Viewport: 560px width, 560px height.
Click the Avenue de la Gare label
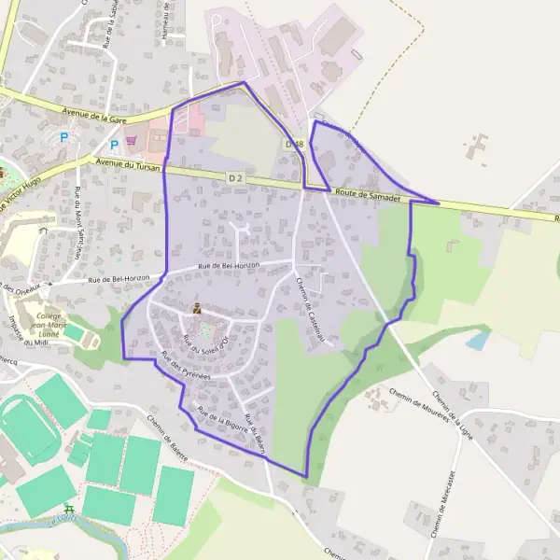(x=94, y=115)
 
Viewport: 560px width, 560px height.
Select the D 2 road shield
(x=234, y=177)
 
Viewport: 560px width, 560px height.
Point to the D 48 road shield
(x=294, y=144)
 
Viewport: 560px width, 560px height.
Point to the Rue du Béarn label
(x=256, y=434)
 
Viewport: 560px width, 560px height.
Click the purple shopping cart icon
(x=132, y=141)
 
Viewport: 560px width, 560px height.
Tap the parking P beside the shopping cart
(x=114, y=145)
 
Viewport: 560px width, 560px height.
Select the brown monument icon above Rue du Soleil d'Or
(x=196, y=308)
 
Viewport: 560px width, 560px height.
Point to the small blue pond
(x=478, y=340)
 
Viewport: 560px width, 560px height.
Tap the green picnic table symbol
(x=68, y=511)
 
